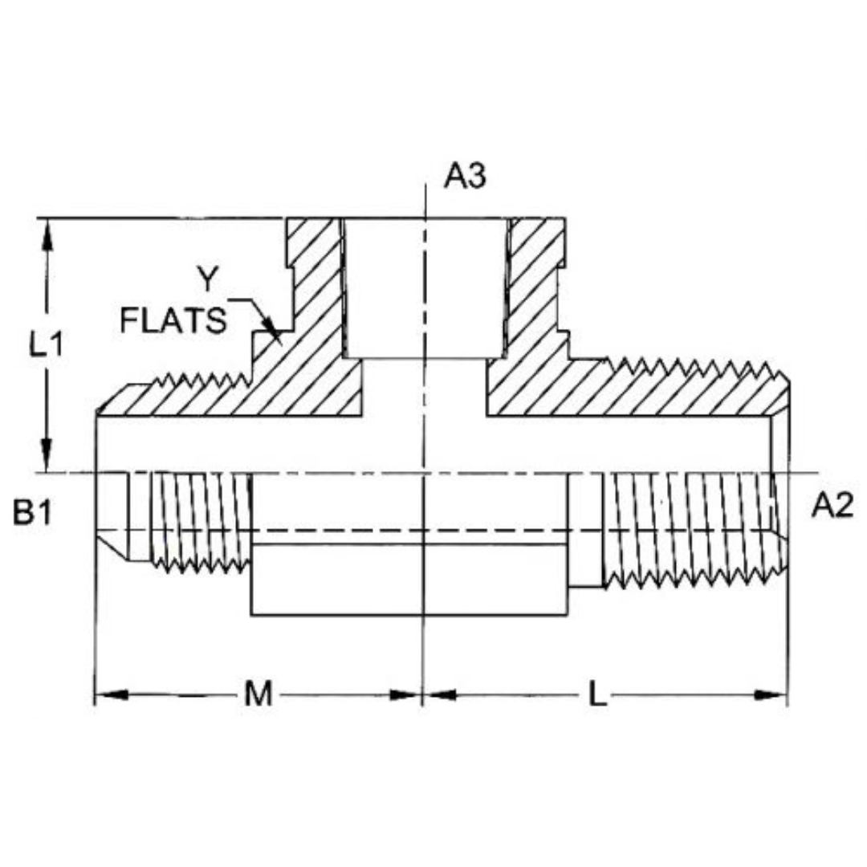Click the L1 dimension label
[x=47, y=346]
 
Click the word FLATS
[x=172, y=321]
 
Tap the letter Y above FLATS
[x=208, y=279]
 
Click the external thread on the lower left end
[x=201, y=522]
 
